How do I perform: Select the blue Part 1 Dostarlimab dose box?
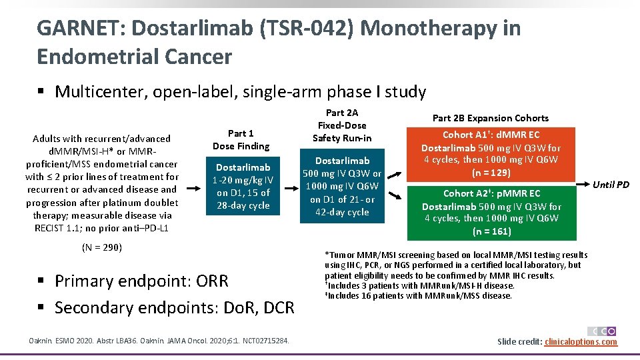243,186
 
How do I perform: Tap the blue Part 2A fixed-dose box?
343,186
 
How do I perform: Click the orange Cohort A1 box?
491,153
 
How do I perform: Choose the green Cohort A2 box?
491,211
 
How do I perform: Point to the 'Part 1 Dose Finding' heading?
241,139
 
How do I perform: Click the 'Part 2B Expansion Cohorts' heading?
491,118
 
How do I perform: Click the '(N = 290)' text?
102,247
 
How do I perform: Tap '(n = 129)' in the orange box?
491,173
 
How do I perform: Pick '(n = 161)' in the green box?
491,231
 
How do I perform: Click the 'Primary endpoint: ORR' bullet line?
141,281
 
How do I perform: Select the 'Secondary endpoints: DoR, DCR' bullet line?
174,307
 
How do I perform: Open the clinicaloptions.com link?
581,342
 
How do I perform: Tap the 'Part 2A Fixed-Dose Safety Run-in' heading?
342,125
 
